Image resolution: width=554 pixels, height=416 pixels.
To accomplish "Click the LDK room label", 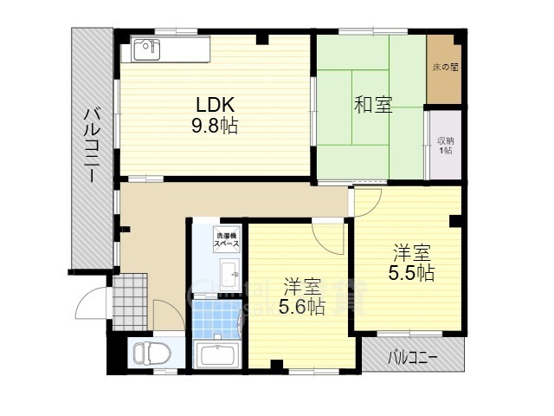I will pyautogui.click(x=216, y=105).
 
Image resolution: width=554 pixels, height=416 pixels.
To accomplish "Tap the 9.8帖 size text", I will pyautogui.click(x=216, y=126).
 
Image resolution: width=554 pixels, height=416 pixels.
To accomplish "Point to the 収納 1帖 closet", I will pyautogui.click(x=445, y=145).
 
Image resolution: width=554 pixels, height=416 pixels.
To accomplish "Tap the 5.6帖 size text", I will pyautogui.click(x=301, y=306).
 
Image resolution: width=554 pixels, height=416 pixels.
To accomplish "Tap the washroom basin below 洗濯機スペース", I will pyautogui.click(x=230, y=277).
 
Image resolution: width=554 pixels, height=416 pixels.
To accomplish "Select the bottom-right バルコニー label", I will pyautogui.click(x=412, y=356).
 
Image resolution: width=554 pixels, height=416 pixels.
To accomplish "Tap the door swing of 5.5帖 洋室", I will pyautogui.click(x=367, y=201).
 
